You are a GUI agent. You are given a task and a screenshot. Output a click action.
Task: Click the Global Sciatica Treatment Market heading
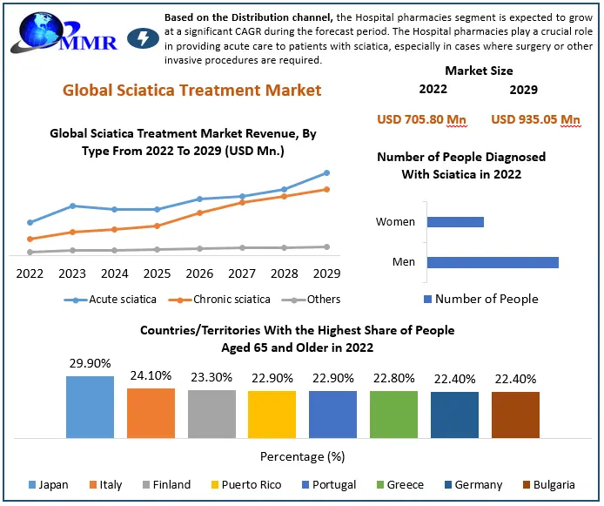pyautogui.click(x=191, y=90)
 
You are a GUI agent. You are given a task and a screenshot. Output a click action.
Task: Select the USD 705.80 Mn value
pyautogui.click(x=422, y=119)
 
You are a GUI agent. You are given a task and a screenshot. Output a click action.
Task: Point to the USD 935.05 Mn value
pyautogui.click(x=536, y=119)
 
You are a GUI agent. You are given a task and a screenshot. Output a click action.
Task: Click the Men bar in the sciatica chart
pyautogui.click(x=493, y=262)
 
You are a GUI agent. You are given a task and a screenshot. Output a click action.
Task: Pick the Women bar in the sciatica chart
pyautogui.click(x=455, y=222)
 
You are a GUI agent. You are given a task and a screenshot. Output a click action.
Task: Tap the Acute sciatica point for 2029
pyautogui.click(x=326, y=172)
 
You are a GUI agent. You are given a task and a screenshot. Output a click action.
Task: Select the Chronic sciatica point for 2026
pyautogui.click(x=199, y=213)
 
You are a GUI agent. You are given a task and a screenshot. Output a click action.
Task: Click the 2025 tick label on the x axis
pyautogui.click(x=157, y=273)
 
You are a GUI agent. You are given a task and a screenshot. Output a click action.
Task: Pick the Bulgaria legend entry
pyautogui.click(x=547, y=484)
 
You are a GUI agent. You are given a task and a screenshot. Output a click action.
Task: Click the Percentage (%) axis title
pyautogui.click(x=302, y=456)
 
